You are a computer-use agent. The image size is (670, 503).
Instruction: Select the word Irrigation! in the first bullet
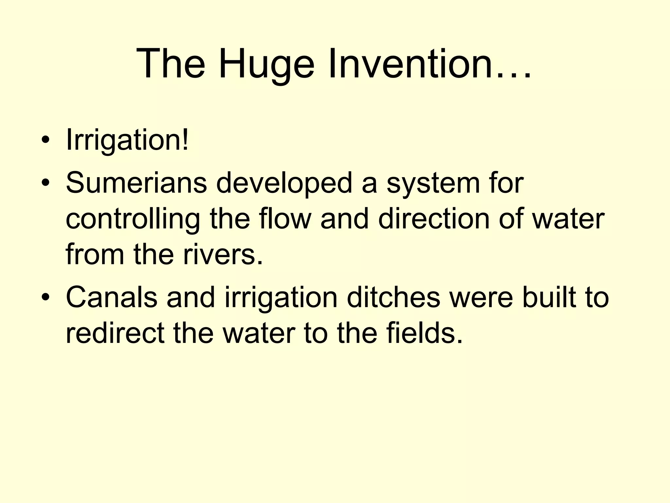pyautogui.click(x=127, y=140)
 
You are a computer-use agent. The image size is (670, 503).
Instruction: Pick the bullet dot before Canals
pyautogui.click(x=45, y=297)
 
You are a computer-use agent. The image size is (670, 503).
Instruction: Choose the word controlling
pyautogui.click(x=133, y=219)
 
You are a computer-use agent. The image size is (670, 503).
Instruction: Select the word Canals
pyautogui.click(x=112, y=297)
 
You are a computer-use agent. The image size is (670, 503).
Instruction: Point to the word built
pyautogui.click(x=548, y=297)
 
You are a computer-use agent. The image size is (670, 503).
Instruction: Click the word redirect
pyautogui.click(x=115, y=333)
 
